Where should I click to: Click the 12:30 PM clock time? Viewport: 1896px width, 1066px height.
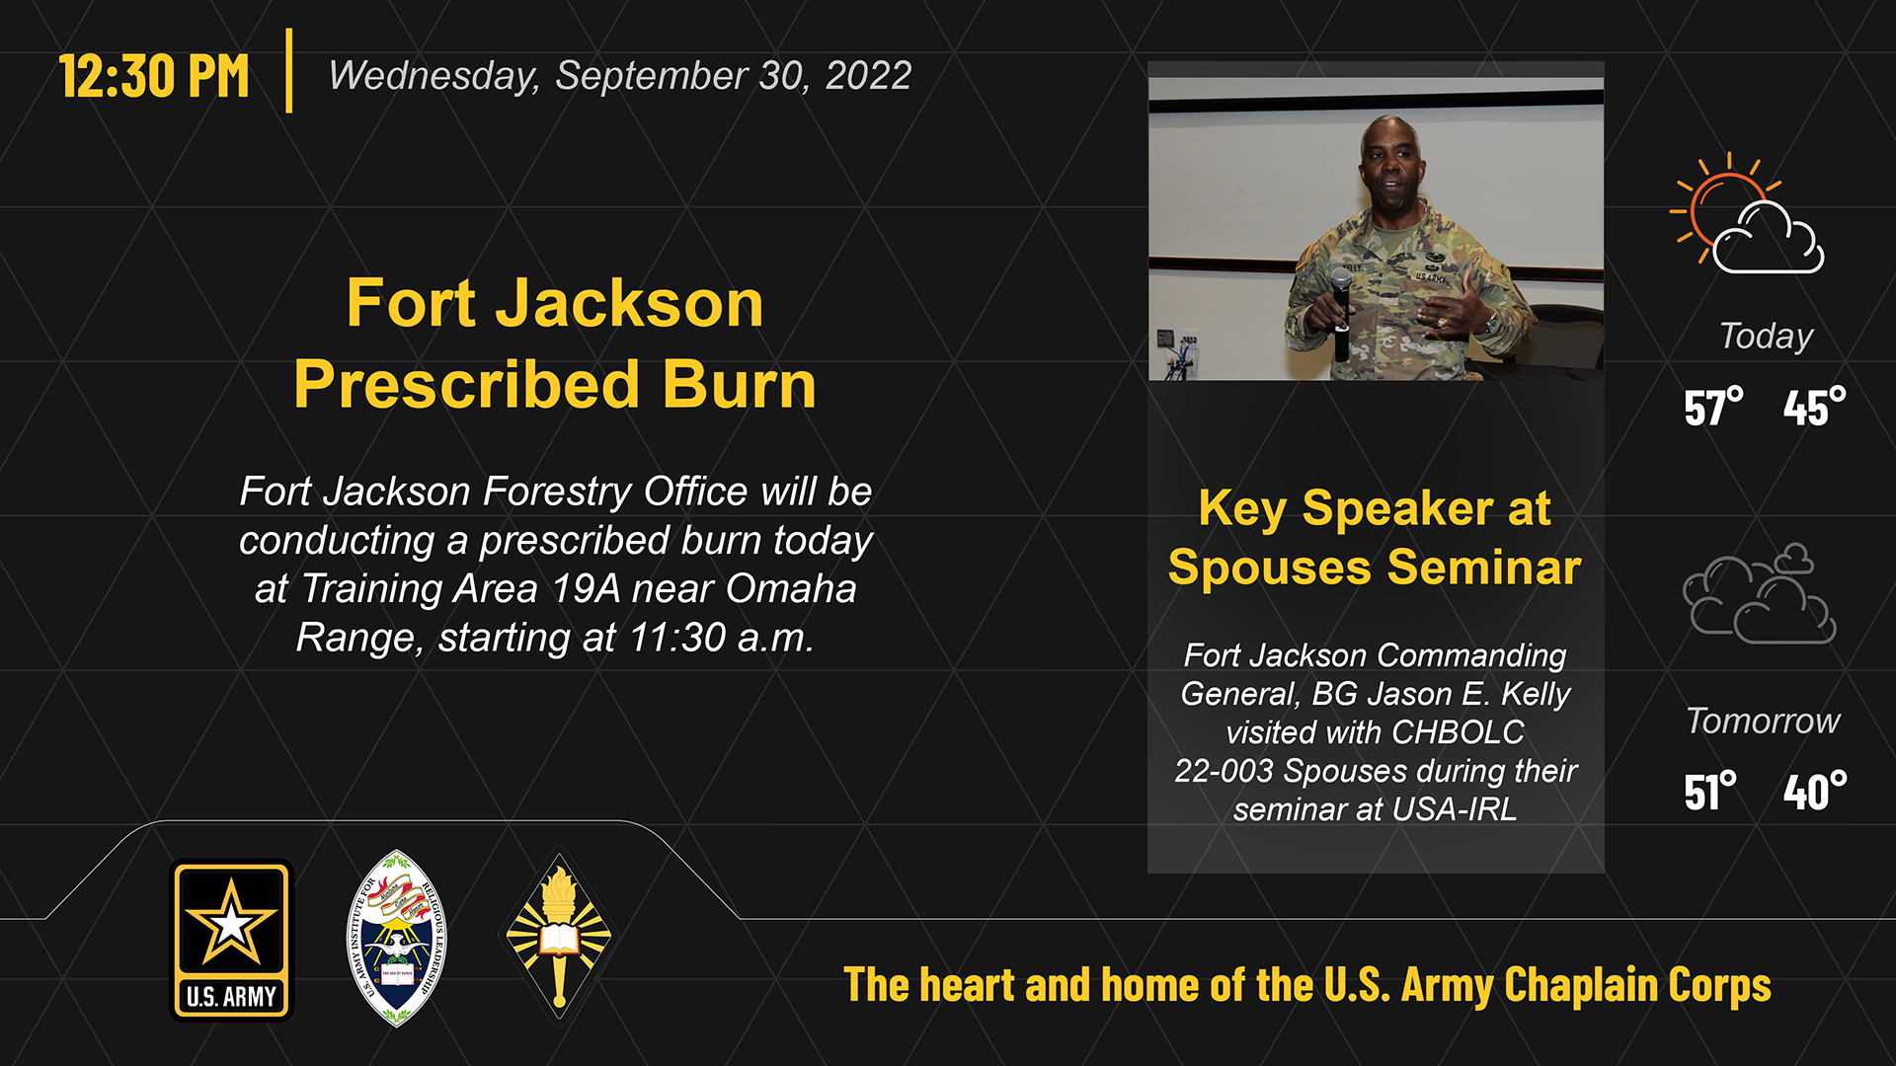tap(154, 76)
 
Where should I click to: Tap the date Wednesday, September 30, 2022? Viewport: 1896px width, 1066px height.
tap(619, 76)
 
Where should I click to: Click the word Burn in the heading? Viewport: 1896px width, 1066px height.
tap(740, 384)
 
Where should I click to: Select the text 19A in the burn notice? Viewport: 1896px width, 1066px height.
tap(587, 589)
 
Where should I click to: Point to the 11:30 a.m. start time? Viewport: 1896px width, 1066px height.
tap(721, 638)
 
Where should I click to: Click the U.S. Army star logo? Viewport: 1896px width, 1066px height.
tap(232, 940)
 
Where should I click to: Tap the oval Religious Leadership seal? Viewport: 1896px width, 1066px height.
tap(396, 939)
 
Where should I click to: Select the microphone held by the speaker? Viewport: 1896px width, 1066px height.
tap(1341, 314)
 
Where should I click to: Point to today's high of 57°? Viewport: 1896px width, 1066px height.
tap(1713, 407)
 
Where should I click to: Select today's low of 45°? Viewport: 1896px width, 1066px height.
tap(1814, 407)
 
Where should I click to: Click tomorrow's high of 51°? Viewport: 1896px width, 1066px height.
tap(1710, 792)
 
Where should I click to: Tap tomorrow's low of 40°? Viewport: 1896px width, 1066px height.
tap(1815, 792)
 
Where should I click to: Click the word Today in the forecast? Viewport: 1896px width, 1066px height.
tap(1767, 337)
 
